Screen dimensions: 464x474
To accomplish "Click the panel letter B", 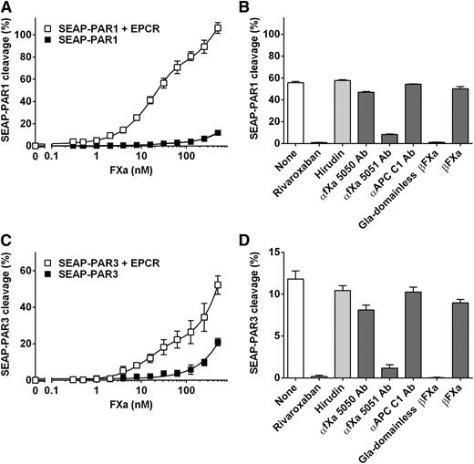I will (x=251, y=7).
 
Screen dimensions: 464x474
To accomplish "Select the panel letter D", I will (x=251, y=240).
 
